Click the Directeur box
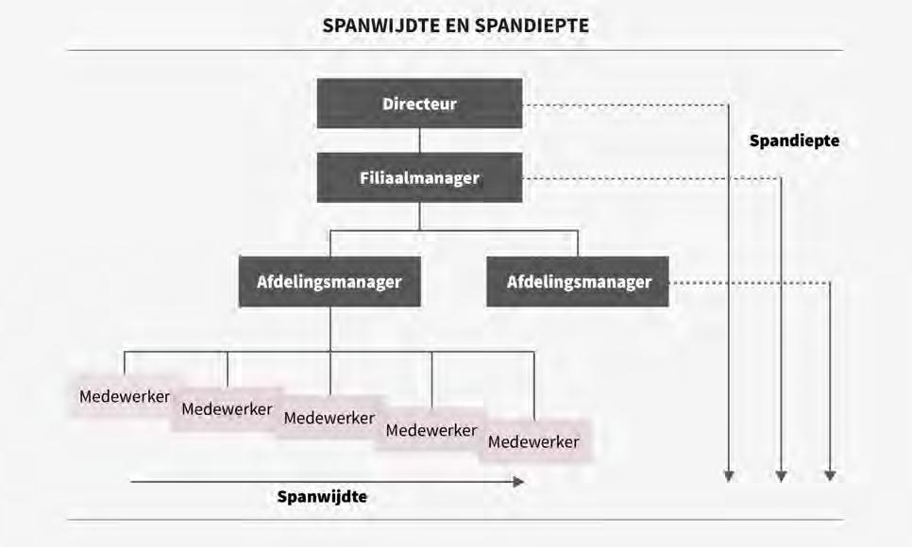point(419,104)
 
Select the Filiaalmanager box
point(419,177)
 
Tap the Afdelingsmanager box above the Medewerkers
point(329,281)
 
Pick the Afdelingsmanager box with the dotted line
point(578,281)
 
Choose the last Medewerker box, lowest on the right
point(534,441)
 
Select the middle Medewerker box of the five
point(329,418)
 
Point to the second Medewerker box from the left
point(227,409)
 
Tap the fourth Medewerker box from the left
point(431,430)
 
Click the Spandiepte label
point(794,141)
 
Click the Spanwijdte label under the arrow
point(322,496)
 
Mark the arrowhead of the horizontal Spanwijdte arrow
point(518,481)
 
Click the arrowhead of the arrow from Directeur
point(728,475)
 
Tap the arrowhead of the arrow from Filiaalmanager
point(781,475)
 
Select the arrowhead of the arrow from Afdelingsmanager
point(830,475)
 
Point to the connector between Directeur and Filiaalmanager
point(419,141)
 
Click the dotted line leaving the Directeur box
point(623,105)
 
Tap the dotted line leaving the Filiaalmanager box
point(651,178)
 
